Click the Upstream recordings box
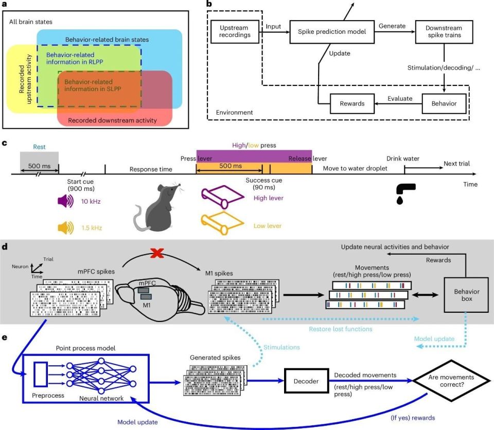(x=235, y=31)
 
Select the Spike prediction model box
(x=332, y=32)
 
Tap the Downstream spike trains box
(x=444, y=32)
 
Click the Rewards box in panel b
(x=352, y=103)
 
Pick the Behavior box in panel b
(x=444, y=103)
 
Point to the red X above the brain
(x=157, y=253)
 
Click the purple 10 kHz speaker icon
(x=65, y=201)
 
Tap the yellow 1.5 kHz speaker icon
(x=65, y=227)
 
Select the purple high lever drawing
(x=222, y=197)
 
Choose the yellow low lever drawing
(x=222, y=223)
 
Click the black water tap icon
(x=405, y=193)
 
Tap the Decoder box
(x=306, y=381)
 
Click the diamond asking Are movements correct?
(x=451, y=381)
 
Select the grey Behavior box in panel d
(x=467, y=295)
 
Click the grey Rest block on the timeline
(x=40, y=162)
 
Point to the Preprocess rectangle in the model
(x=41, y=374)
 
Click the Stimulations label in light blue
(x=281, y=348)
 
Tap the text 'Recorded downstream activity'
(x=113, y=120)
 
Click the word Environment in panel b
(x=235, y=113)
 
